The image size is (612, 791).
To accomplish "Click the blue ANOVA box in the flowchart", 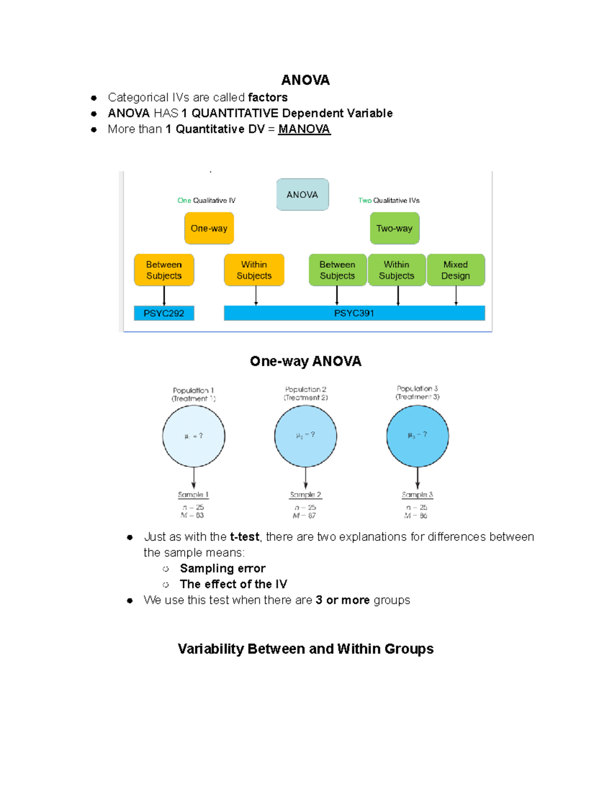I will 302,195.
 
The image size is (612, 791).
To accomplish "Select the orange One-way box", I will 209,228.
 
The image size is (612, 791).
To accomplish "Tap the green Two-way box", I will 394,228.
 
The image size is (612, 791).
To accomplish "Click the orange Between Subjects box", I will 164,270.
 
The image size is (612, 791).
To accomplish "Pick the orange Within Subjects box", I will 254,270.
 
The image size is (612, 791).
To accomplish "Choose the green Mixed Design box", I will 455,270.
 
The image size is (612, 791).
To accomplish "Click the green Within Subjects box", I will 396,270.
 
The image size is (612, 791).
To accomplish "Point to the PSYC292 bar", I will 164,313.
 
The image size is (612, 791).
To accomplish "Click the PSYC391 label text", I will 354,313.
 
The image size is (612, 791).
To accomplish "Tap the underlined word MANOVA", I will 304,129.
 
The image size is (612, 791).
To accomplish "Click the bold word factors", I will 268,97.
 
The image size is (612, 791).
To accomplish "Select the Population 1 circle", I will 194,436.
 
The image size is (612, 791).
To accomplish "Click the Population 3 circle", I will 417,435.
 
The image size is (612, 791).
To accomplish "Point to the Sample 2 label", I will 305,495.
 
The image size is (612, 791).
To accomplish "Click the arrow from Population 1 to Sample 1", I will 194,478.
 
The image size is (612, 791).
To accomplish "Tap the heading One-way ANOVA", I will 305,361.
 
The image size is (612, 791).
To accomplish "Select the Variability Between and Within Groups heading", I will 305,649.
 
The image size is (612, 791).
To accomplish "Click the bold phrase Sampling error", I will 222,568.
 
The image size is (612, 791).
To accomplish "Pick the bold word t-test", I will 245,537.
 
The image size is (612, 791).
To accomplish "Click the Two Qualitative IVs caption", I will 389,201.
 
